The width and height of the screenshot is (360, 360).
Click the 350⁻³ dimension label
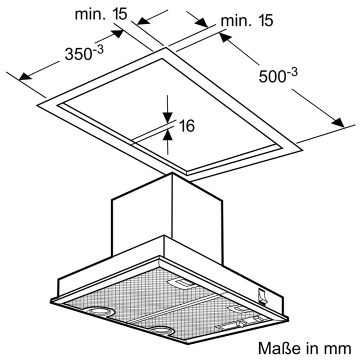point(84,53)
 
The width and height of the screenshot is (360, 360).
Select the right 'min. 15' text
point(247,21)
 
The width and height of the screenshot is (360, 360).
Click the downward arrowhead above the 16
point(167,117)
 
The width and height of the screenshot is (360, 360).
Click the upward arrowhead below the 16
point(167,134)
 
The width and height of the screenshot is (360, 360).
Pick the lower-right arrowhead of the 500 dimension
point(337,122)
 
